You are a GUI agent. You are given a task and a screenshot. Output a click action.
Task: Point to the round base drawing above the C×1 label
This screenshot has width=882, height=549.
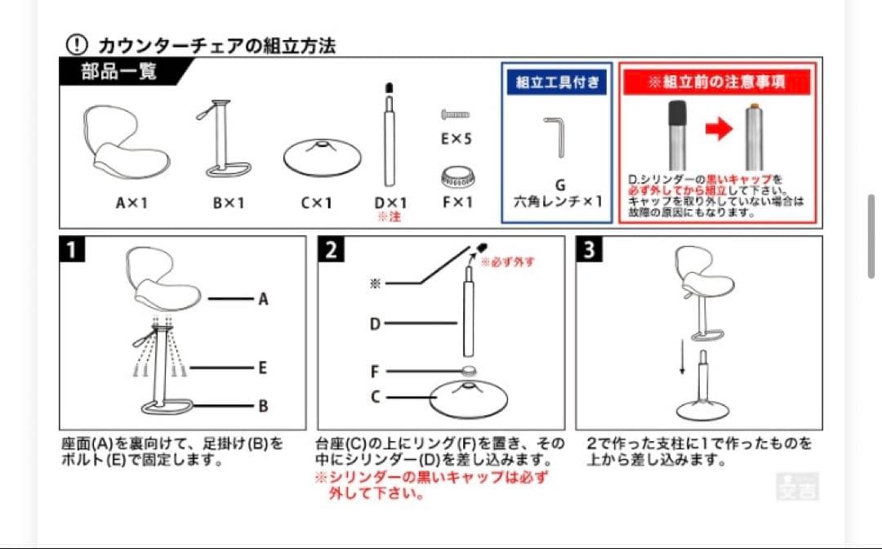[322, 155]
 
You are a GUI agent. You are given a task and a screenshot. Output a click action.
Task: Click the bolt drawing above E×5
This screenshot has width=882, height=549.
[456, 114]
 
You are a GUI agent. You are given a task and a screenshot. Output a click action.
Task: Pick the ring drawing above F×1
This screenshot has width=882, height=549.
[457, 176]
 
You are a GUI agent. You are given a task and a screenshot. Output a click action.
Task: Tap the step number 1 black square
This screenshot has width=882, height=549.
[73, 249]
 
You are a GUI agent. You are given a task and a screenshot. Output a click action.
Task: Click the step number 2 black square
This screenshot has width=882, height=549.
[331, 249]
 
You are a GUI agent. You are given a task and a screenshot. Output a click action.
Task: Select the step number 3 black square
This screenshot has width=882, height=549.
[589, 249]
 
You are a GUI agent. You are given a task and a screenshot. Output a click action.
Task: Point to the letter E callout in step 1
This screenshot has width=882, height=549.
[262, 368]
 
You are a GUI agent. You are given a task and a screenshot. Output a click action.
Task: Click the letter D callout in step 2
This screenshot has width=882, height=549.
[375, 324]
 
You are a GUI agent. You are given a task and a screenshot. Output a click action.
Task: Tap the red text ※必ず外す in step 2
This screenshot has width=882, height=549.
[507, 262]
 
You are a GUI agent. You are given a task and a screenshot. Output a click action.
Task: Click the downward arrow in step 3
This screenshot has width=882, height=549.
[683, 356]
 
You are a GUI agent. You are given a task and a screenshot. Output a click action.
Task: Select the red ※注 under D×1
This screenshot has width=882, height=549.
[390, 217]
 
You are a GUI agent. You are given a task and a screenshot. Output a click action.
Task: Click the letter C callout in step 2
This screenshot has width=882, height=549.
[375, 398]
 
